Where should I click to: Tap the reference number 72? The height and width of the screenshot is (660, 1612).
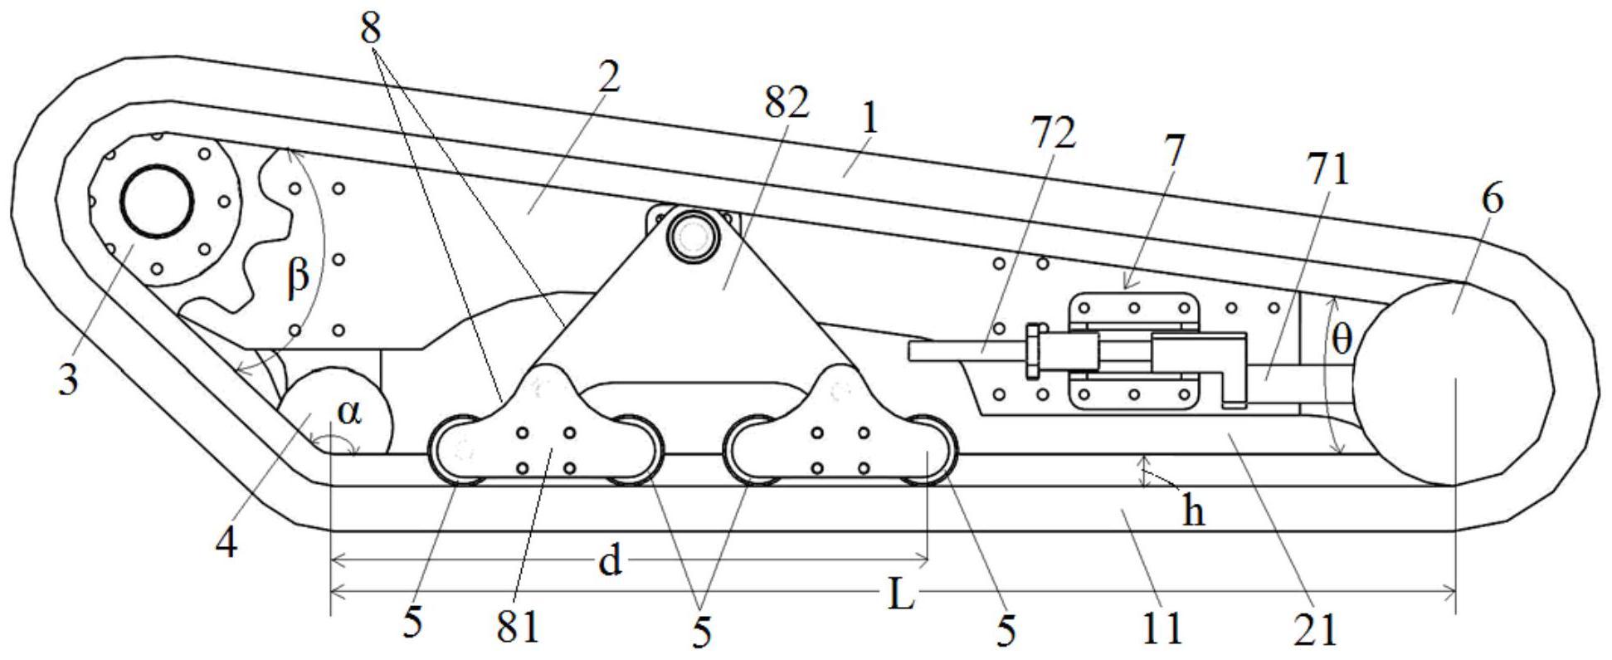pos(1052,132)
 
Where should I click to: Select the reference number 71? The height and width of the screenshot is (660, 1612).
pos(1327,169)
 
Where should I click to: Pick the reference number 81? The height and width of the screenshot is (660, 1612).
pos(519,627)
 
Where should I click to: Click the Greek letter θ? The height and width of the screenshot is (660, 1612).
pos(1342,339)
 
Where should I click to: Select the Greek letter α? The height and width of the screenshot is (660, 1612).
pos(350,413)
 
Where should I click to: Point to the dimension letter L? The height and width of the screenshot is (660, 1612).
pos(901,595)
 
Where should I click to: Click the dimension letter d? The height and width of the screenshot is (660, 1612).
pos(610,563)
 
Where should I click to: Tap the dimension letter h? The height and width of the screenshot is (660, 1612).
pos(1193,513)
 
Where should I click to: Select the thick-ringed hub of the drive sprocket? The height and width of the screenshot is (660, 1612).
pos(157,201)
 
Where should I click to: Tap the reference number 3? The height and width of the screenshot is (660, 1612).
pos(68,380)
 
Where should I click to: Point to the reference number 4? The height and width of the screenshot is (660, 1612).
pos(226,543)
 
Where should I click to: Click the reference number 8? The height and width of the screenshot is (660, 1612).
pos(371,29)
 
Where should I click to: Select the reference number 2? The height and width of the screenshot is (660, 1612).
pos(607,78)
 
